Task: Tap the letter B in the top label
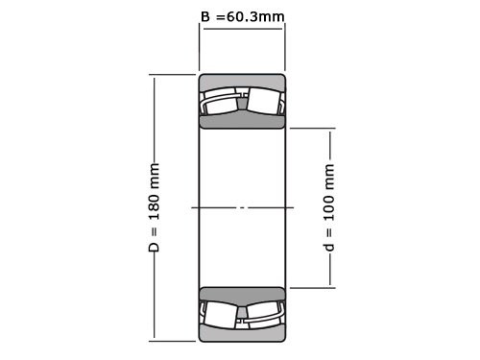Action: [x=204, y=16]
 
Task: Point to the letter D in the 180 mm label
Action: [x=154, y=247]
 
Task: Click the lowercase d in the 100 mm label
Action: [x=329, y=248]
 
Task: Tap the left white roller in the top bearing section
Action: [x=222, y=102]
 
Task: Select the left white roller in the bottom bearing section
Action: [x=222, y=313]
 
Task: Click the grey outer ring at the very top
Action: [x=242, y=81]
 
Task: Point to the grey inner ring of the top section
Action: [x=242, y=121]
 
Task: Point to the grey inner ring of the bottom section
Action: [x=242, y=294]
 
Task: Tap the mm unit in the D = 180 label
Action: [x=154, y=174]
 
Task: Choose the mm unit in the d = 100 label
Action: [x=329, y=176]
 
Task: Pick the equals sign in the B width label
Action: [x=221, y=16]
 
